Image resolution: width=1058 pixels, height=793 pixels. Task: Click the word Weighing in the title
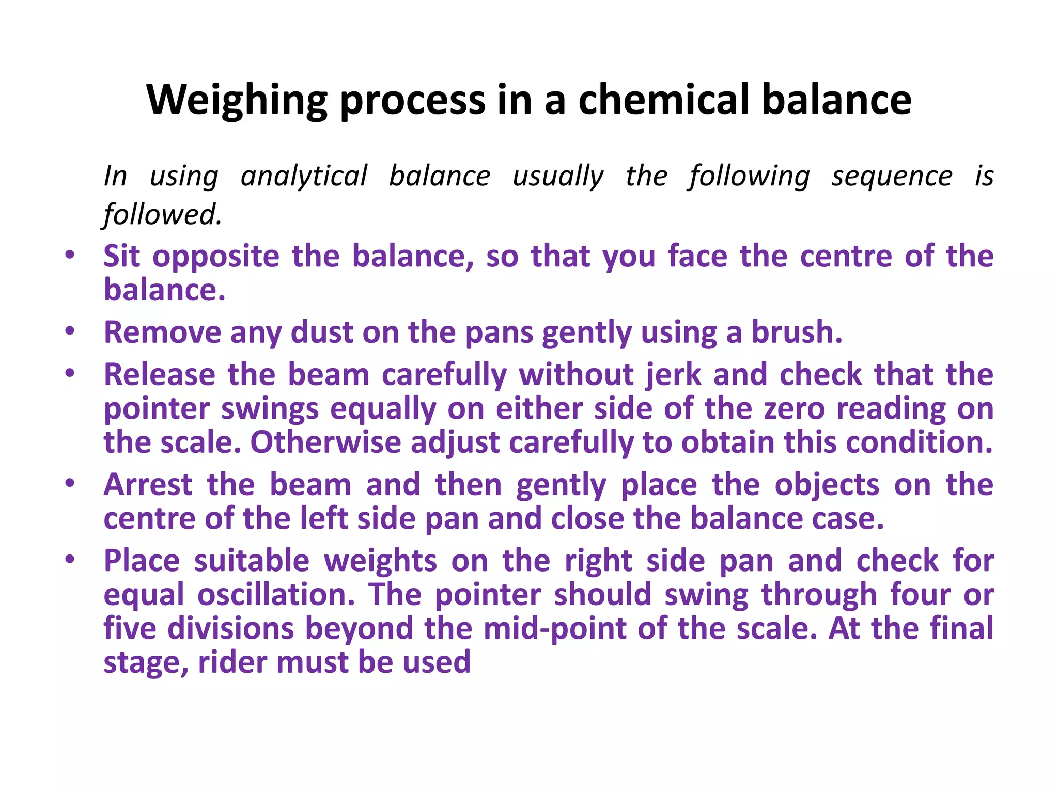(237, 100)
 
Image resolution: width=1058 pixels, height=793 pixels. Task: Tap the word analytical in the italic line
(304, 176)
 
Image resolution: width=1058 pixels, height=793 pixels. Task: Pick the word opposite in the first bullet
(216, 257)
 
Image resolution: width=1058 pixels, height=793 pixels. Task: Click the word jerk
(673, 374)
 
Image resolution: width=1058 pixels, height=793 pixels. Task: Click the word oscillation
(276, 594)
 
